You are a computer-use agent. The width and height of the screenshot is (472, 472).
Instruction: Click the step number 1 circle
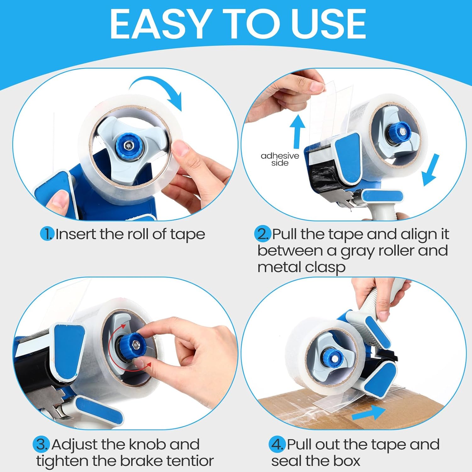[47, 234]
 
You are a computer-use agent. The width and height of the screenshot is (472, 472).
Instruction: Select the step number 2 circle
[262, 234]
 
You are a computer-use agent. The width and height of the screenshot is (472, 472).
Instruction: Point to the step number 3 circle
[41, 444]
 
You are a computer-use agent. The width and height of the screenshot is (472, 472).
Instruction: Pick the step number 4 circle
[277, 444]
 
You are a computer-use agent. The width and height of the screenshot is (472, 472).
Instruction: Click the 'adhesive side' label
[280, 159]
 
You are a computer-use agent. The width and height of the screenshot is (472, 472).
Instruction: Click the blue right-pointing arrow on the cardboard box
[368, 413]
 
